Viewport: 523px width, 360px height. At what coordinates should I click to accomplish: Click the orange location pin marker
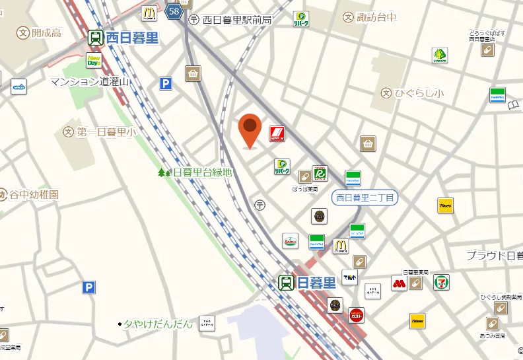250,129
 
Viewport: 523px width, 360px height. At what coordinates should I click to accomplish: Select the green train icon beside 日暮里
287,283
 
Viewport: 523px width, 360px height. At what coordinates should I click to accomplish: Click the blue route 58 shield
174,11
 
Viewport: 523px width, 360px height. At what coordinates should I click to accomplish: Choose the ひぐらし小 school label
419,94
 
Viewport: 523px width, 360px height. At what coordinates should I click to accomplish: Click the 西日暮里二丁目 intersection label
365,197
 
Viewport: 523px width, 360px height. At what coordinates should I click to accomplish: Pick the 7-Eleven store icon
441,283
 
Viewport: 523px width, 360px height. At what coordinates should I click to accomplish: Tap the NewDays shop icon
94,61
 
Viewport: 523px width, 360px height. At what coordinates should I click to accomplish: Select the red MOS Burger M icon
398,283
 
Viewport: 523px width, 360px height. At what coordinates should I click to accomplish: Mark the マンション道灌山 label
90,82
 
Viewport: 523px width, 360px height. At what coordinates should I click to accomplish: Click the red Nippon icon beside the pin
277,134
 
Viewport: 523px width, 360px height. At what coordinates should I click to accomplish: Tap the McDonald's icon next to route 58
149,13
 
